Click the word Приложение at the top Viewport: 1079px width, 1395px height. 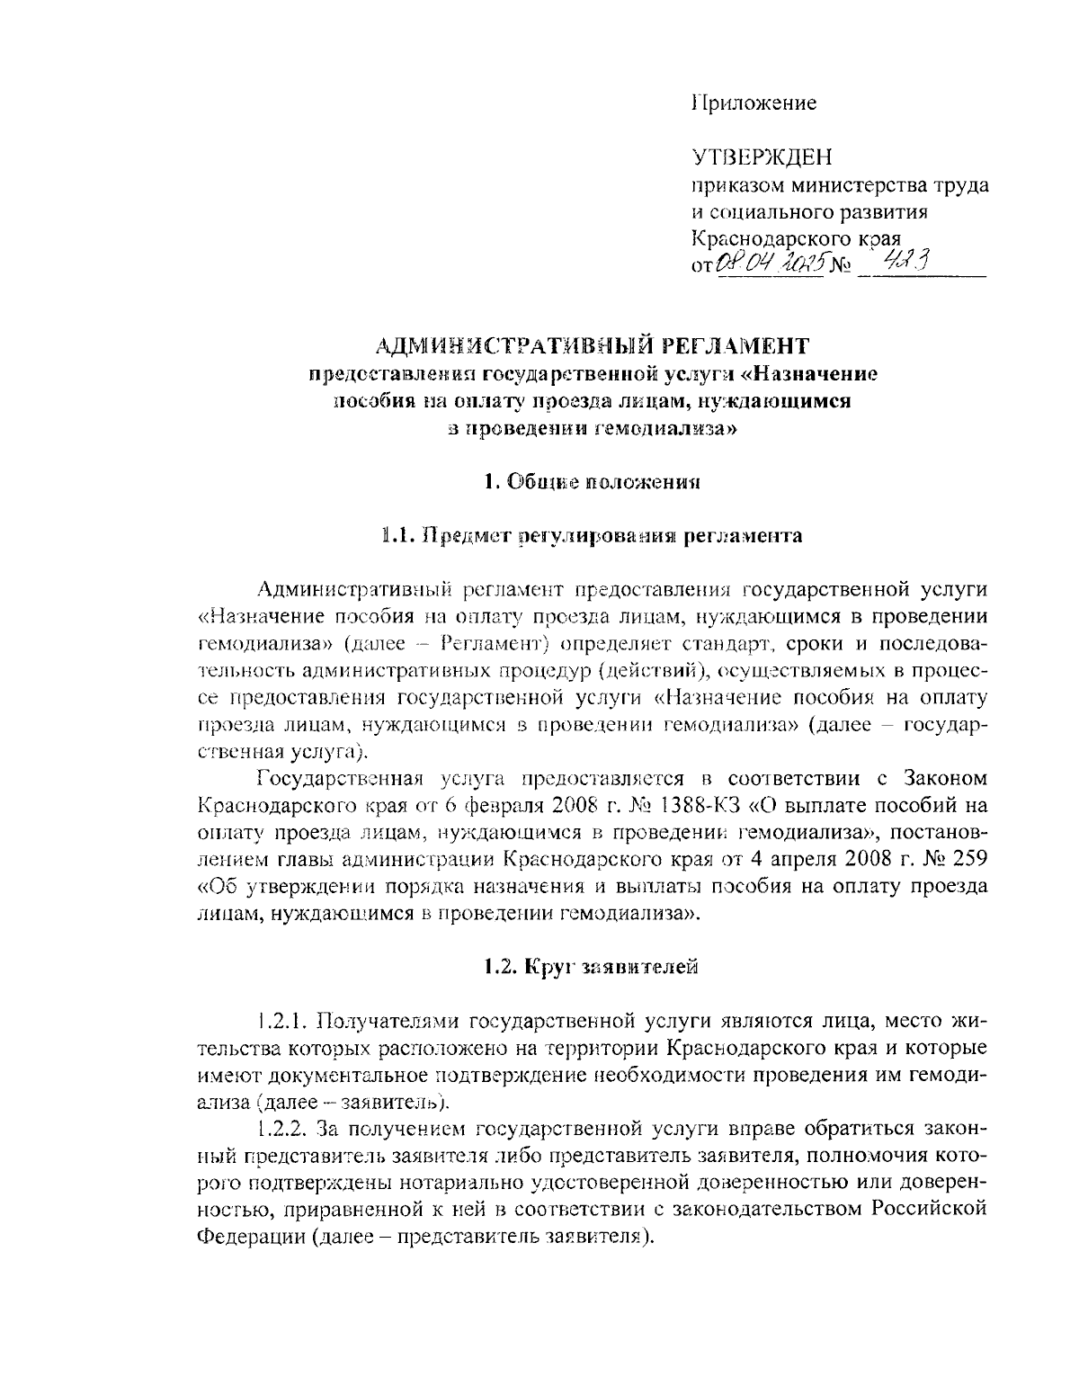754,103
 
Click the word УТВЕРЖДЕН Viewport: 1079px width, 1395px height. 762,158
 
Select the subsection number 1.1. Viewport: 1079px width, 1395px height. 396,536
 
